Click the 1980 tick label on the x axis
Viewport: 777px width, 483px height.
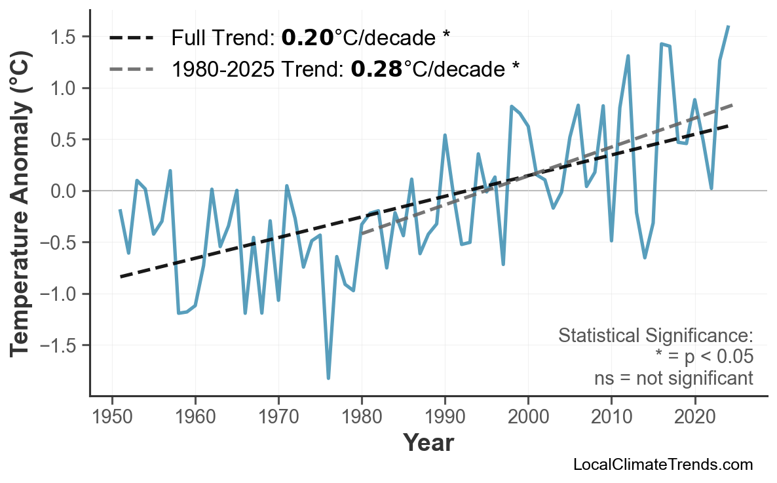pos(362,417)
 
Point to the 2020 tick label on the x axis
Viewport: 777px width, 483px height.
pos(694,417)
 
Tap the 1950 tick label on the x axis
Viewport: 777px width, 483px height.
pos(112,417)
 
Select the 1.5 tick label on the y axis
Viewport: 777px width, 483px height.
pos(64,37)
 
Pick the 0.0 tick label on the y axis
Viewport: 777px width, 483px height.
pos(64,191)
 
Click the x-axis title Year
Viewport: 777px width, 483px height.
pos(428,443)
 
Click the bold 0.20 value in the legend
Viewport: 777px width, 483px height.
pos(307,38)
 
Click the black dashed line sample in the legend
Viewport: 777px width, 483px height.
pos(131,38)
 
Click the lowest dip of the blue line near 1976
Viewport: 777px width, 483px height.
pos(328,378)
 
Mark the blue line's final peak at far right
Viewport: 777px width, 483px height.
pos(728,27)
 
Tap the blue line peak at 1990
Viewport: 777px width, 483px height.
pos(445,135)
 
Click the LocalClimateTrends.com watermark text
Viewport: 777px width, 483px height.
pos(662,465)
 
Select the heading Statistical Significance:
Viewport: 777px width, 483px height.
pos(655,336)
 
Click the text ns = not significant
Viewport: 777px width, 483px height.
pos(673,378)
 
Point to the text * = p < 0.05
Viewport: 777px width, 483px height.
pos(704,357)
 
